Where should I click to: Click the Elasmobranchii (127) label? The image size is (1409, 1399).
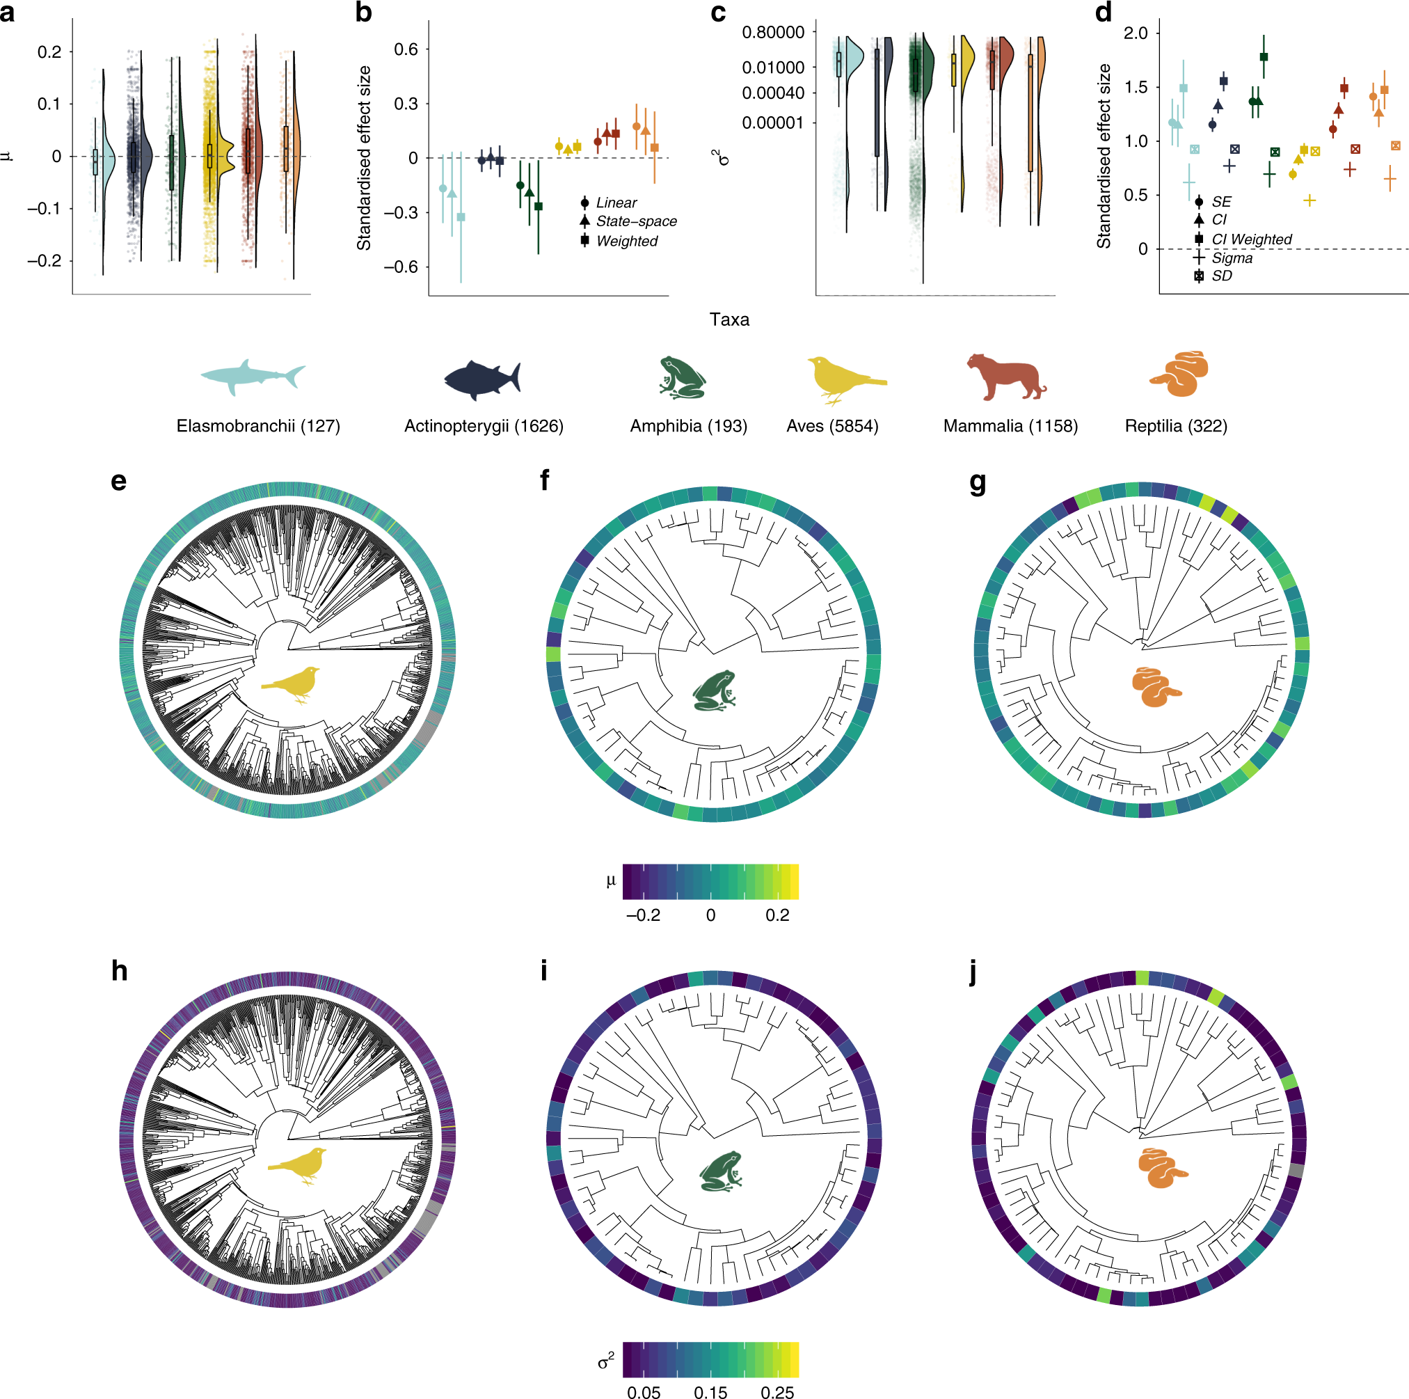click(258, 426)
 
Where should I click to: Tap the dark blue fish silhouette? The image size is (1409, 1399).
click(482, 379)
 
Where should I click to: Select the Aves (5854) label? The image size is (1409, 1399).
click(832, 426)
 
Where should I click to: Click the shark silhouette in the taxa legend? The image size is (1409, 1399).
click(253, 377)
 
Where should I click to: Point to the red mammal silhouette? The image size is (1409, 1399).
click(1005, 377)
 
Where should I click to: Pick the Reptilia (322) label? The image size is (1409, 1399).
click(1176, 426)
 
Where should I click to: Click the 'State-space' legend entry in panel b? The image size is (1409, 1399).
click(636, 221)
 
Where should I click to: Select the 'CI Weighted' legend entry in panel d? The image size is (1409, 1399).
click(1251, 239)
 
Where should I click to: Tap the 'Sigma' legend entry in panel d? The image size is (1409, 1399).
click(1232, 258)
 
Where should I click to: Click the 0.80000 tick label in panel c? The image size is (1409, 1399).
click(773, 32)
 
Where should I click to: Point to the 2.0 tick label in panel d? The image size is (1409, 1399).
click(1136, 33)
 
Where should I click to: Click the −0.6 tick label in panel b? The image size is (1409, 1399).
click(401, 267)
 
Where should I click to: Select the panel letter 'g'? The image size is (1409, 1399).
click(978, 482)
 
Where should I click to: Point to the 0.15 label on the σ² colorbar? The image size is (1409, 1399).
click(710, 1393)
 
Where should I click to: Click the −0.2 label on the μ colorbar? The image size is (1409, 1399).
click(642, 915)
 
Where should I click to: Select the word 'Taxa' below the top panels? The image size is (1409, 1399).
click(729, 319)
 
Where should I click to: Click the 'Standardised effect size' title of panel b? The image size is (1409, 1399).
click(364, 157)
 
